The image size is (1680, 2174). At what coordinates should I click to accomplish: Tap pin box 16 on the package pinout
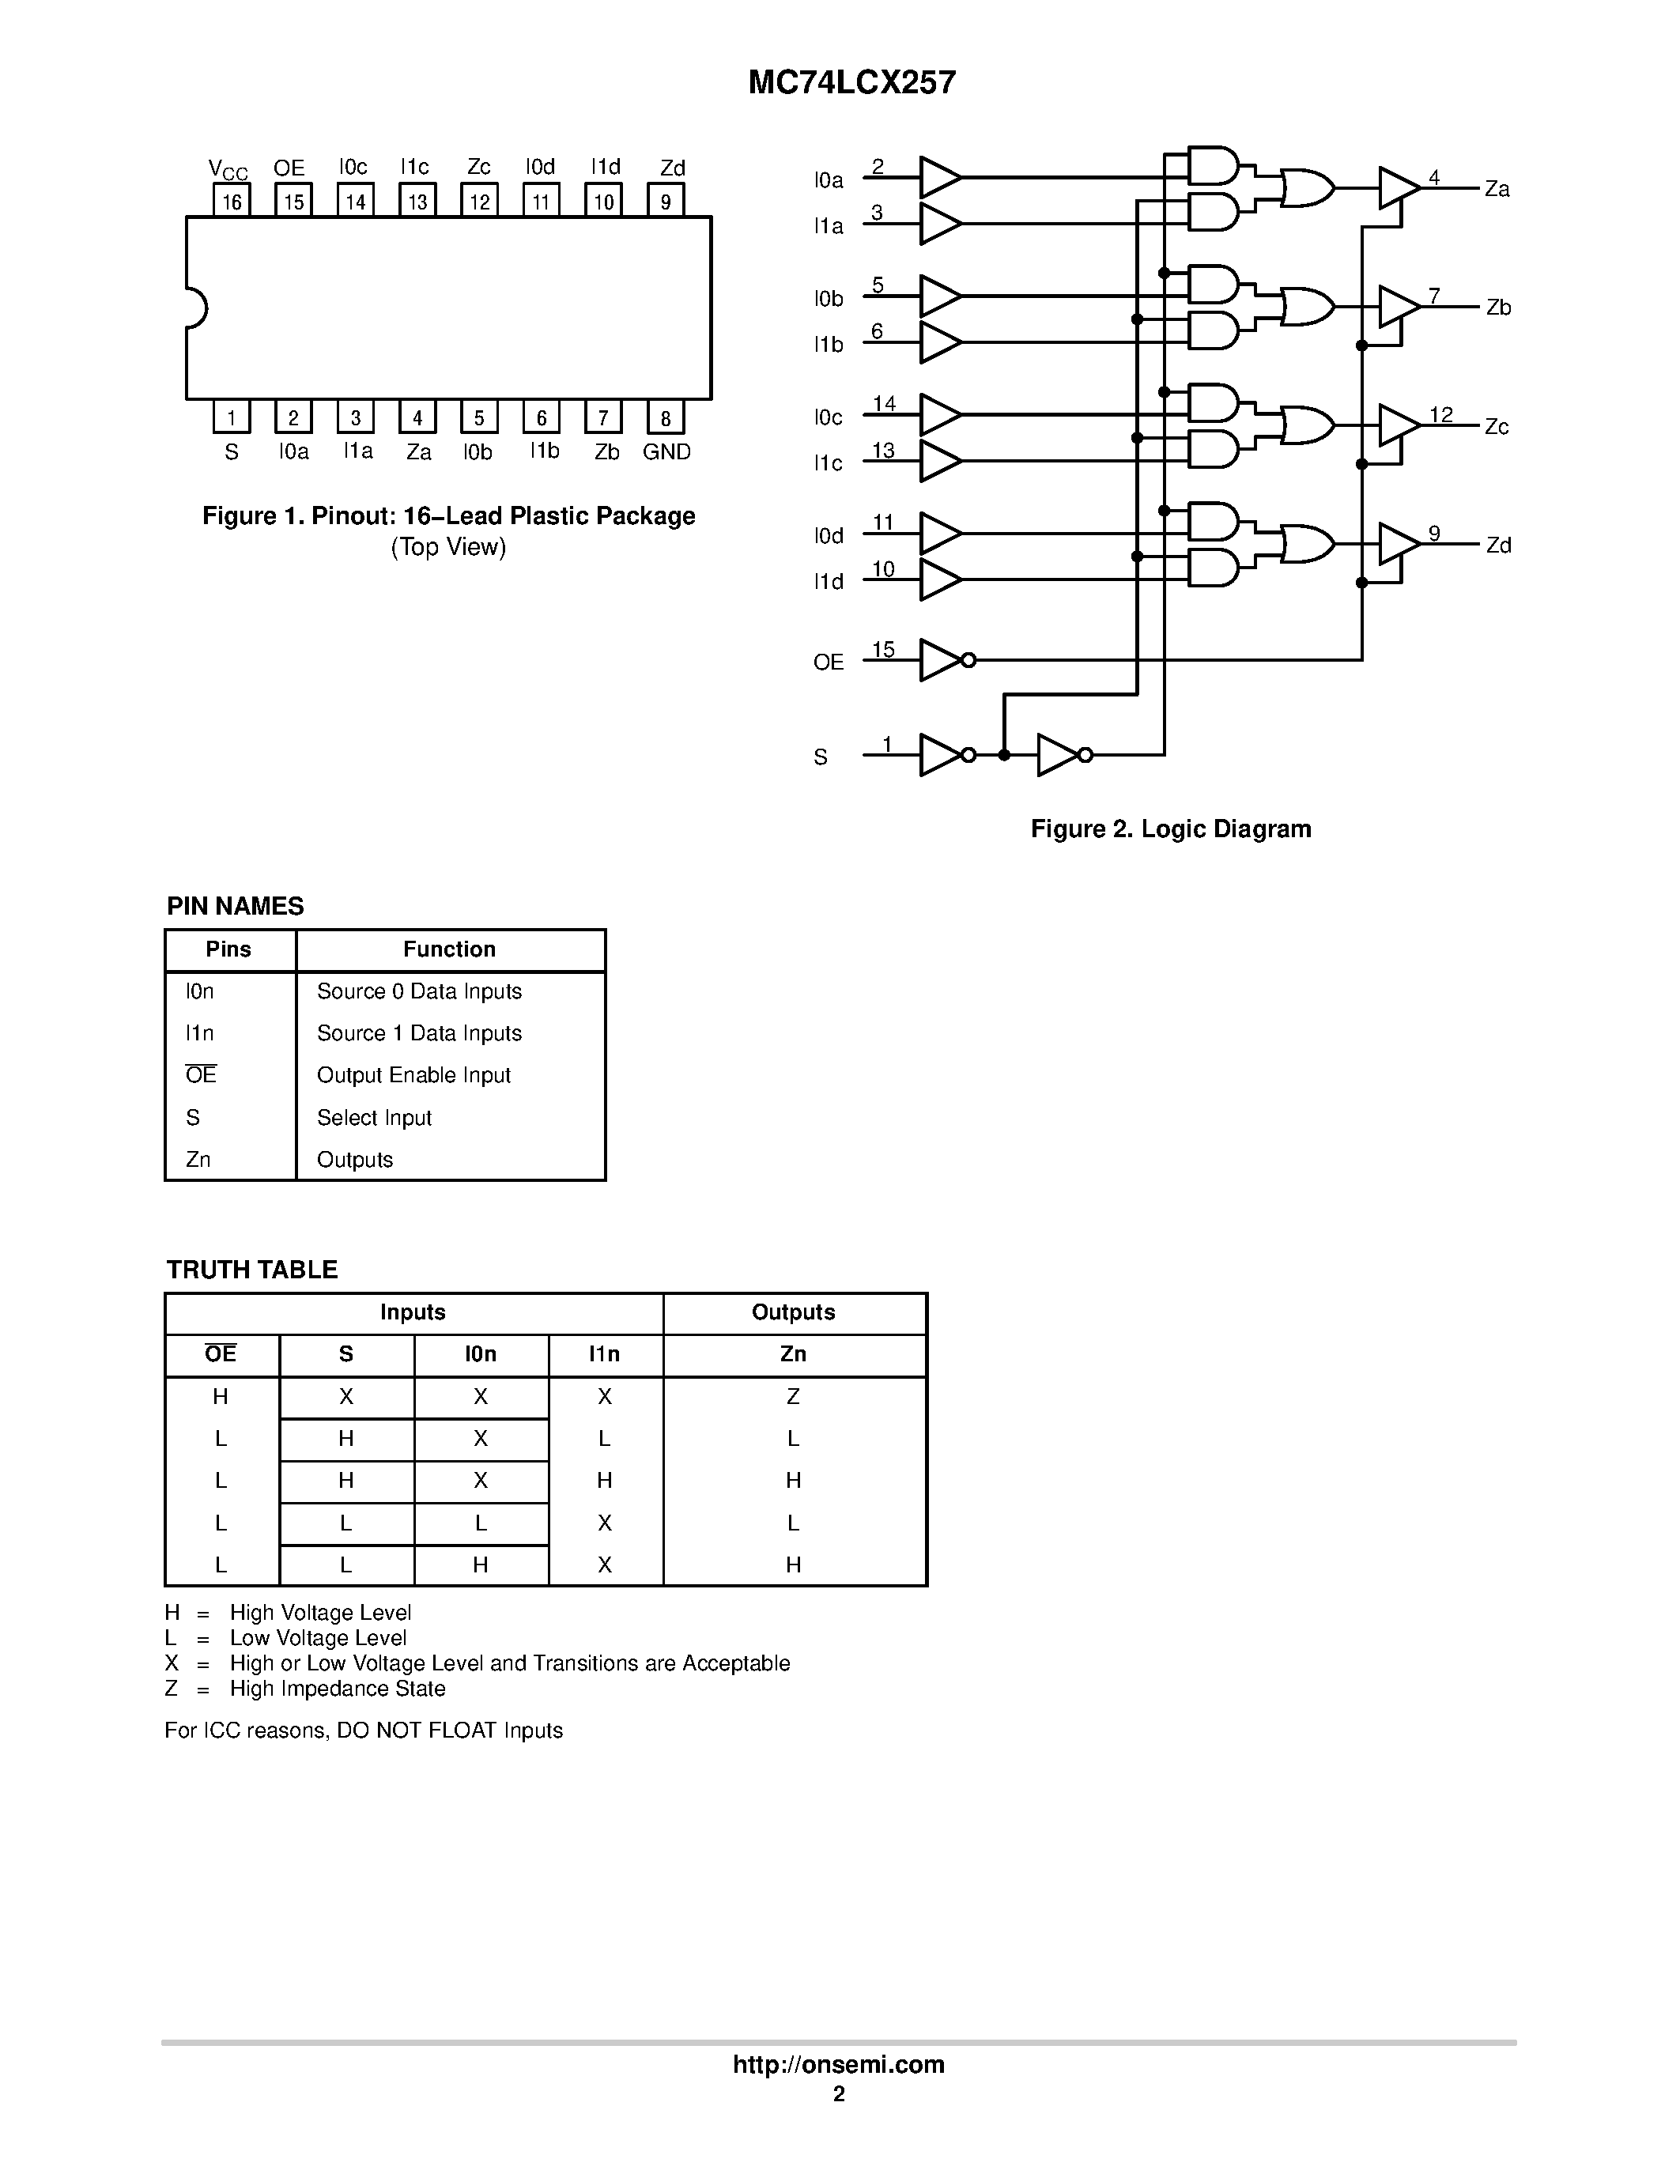tap(232, 201)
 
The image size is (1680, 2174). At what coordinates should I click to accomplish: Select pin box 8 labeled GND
tap(665, 418)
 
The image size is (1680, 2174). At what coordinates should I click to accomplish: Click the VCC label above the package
tap(228, 169)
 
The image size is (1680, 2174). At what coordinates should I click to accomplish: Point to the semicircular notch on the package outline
tap(195, 308)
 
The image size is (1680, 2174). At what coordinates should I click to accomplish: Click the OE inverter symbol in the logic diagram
tap(942, 660)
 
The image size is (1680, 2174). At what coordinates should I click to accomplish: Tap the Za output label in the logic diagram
tap(1496, 189)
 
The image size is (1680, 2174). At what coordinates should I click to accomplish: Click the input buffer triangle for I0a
tap(938, 177)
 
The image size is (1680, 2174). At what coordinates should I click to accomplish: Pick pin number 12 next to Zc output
tap(1440, 414)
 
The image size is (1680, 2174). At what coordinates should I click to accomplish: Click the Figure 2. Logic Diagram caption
tap(1170, 829)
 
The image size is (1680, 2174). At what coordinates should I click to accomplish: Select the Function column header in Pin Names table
tap(449, 949)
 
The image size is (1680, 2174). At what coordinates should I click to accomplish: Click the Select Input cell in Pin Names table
tap(374, 1118)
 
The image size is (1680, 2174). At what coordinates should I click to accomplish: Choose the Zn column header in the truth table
tap(793, 1353)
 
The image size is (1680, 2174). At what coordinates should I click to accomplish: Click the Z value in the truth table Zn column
tap(793, 1397)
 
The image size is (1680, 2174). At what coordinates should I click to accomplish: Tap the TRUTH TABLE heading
tap(251, 1269)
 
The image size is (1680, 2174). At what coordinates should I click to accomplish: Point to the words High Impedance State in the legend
tap(338, 1689)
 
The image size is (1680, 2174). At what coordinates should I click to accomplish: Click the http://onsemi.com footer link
tap(838, 2064)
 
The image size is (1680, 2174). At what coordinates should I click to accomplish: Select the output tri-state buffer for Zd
tap(1397, 544)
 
